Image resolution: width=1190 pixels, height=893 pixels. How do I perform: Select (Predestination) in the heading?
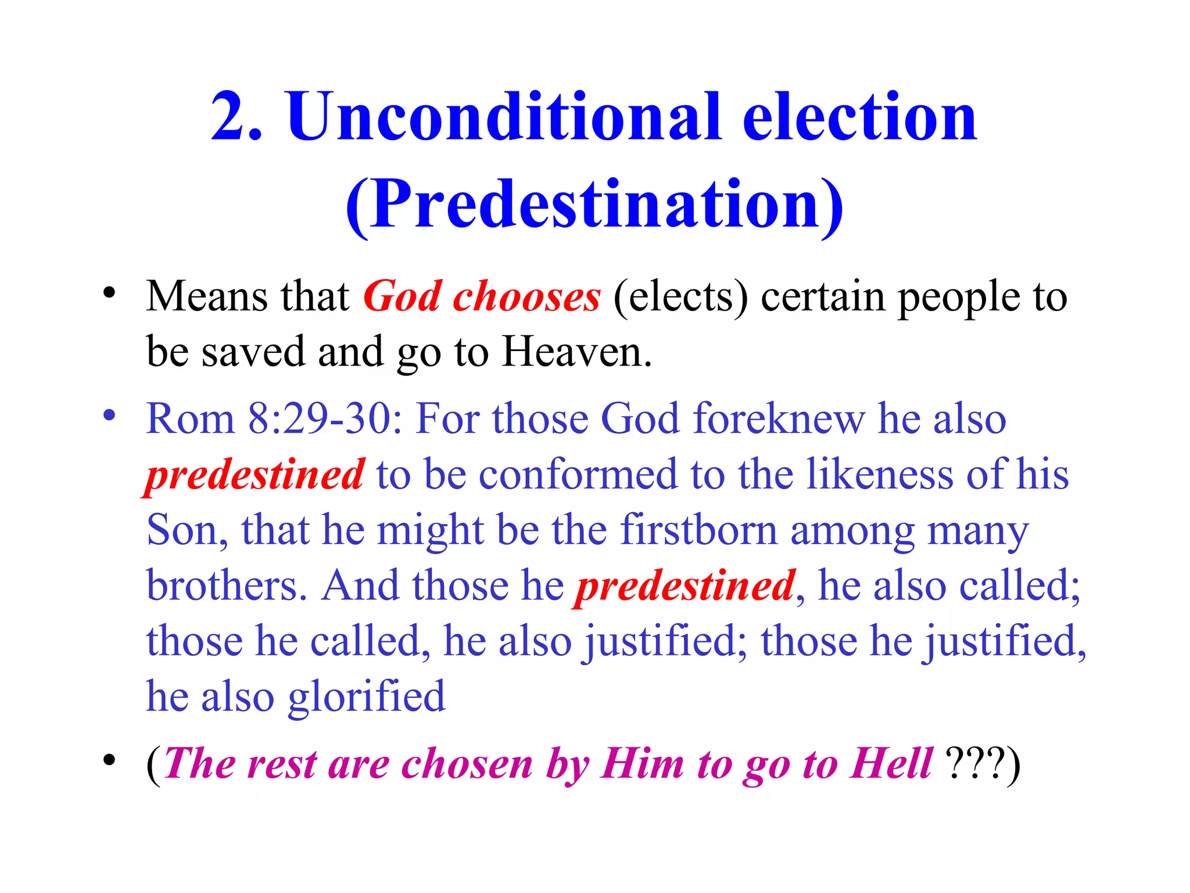tap(594, 205)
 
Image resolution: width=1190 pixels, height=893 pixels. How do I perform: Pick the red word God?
tap(402, 297)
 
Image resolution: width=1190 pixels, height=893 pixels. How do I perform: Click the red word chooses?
tap(526, 297)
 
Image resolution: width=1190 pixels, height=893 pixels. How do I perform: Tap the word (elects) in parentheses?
tap(680, 297)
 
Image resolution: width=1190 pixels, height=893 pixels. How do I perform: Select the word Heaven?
tap(576, 352)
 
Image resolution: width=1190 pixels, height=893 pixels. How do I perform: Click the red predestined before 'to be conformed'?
tap(255, 474)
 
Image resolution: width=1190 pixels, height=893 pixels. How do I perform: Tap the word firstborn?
tap(698, 530)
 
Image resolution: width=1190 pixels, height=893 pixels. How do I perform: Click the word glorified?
tap(367, 696)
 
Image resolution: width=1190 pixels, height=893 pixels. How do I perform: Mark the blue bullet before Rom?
tap(109, 416)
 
